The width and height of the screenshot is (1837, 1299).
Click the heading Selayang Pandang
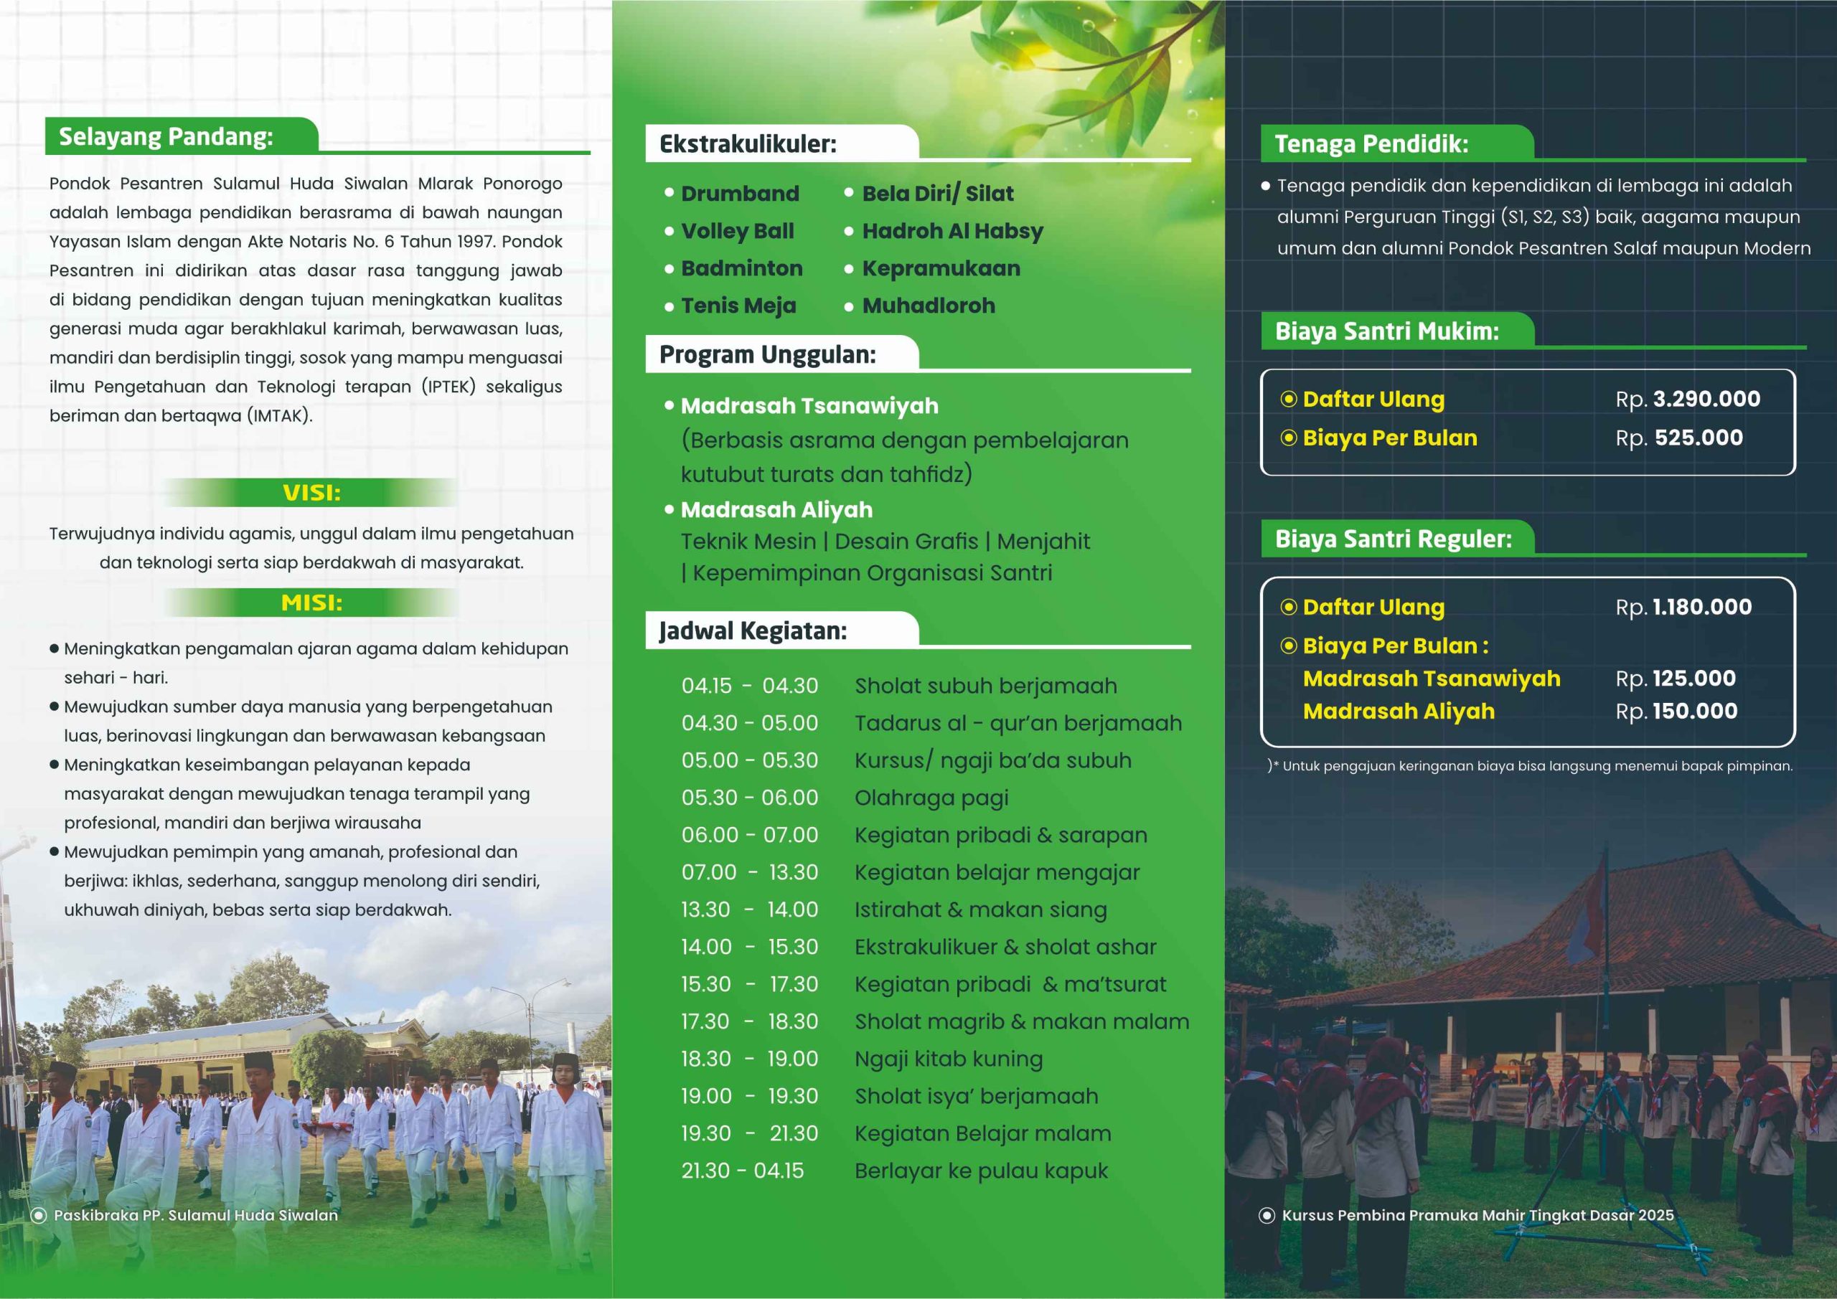166,137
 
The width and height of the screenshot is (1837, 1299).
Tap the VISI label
311,493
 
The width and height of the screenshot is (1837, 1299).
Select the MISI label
311,603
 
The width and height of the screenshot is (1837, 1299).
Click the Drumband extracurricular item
739,194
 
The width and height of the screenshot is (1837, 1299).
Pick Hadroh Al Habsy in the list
952,231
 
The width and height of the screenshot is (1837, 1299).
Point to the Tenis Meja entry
738,306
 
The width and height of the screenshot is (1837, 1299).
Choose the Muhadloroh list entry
928,306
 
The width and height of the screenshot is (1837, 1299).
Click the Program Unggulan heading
767,354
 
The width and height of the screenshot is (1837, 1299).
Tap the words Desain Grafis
906,542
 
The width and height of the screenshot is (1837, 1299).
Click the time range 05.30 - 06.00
750,798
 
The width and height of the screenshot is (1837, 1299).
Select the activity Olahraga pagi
931,798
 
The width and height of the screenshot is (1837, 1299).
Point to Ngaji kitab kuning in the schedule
948,1059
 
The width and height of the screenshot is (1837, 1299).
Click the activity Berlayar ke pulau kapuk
981,1171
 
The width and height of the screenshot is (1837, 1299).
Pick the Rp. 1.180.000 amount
1683,607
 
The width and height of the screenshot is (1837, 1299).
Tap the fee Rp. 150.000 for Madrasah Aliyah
1676,711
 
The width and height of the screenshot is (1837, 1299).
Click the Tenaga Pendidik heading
1371,144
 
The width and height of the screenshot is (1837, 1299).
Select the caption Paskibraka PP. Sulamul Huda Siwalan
195,1215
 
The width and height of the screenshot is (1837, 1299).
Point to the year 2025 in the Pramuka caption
1655,1215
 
